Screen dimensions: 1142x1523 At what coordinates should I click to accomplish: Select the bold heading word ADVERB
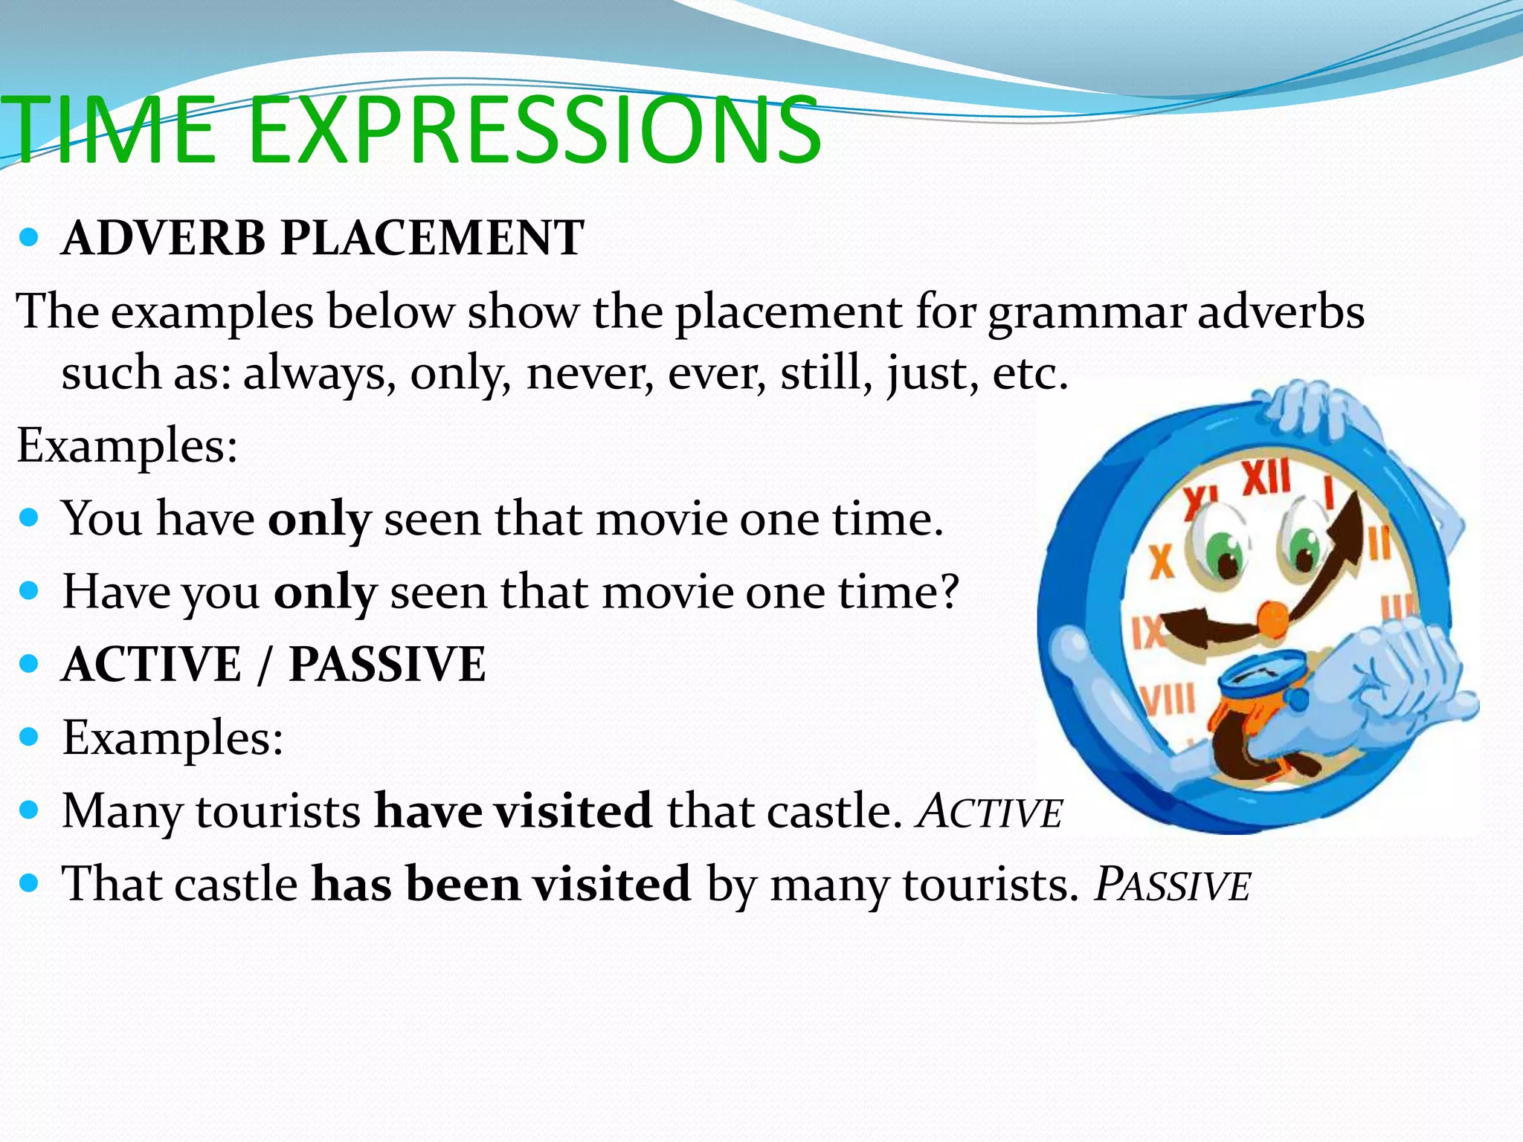coord(164,239)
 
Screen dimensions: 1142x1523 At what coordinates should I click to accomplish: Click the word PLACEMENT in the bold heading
coord(432,239)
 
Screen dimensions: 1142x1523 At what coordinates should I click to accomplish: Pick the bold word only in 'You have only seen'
coord(319,519)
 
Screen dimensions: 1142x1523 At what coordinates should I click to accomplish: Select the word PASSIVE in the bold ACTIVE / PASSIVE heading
coord(387,664)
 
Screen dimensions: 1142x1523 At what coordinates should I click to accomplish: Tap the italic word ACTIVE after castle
coord(990,812)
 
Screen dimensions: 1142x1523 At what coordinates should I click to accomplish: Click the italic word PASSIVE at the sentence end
coord(1173,885)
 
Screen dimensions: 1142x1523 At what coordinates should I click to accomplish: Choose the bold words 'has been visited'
coord(501,885)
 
